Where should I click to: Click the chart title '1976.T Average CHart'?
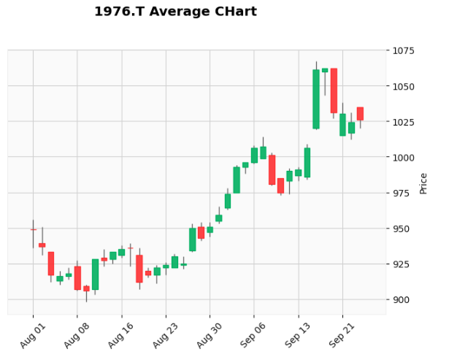175,12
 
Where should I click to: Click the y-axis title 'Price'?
423,183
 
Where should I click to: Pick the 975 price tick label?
402,194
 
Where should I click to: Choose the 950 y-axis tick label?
402,229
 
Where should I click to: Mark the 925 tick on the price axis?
402,264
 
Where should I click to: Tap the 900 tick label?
402,299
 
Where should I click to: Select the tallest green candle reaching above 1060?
316,99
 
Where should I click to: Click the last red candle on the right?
360,114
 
